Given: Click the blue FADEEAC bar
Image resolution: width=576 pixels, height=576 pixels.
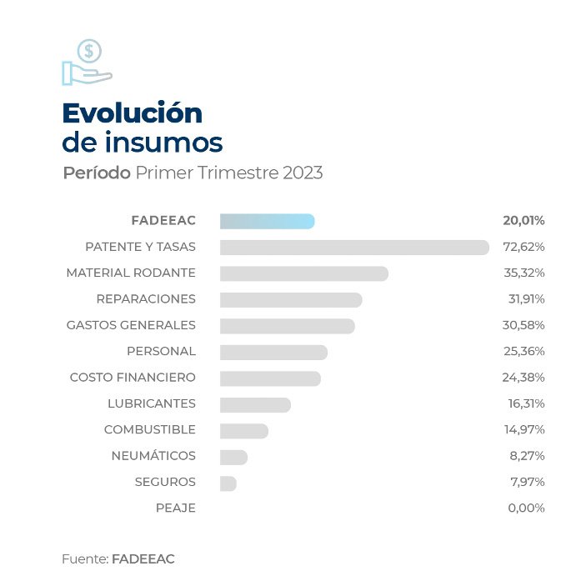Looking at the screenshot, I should click(267, 221).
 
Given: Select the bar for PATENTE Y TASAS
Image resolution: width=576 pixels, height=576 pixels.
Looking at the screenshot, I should click(354, 248).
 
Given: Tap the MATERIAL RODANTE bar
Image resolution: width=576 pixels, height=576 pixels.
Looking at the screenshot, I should click(304, 273).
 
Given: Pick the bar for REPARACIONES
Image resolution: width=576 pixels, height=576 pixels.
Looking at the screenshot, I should click(291, 299).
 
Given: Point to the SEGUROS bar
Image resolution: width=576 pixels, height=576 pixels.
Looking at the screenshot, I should click(228, 483).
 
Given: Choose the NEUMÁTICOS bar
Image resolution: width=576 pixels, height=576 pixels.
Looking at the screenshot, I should click(233, 457).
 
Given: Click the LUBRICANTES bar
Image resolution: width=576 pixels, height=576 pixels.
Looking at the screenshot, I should click(255, 404).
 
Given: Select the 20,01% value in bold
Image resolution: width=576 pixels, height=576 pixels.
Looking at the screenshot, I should click(523, 221).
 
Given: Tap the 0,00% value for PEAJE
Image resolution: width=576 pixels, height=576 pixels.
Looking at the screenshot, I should click(526, 508).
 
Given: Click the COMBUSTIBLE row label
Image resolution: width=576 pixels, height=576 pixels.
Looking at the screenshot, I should click(150, 430).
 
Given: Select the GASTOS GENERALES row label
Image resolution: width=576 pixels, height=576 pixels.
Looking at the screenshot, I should click(131, 325).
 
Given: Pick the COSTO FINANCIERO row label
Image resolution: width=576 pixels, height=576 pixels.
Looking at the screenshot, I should click(133, 378).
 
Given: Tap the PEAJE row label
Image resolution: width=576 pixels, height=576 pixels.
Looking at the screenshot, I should click(176, 508).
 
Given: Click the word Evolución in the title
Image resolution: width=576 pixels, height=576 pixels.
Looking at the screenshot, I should click(133, 113).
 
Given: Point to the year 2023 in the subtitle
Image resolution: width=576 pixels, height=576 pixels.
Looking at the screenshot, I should click(303, 173).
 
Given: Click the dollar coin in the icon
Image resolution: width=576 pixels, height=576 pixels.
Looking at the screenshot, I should click(89, 52).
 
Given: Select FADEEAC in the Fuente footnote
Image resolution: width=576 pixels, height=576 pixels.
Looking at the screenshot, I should click(143, 558).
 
